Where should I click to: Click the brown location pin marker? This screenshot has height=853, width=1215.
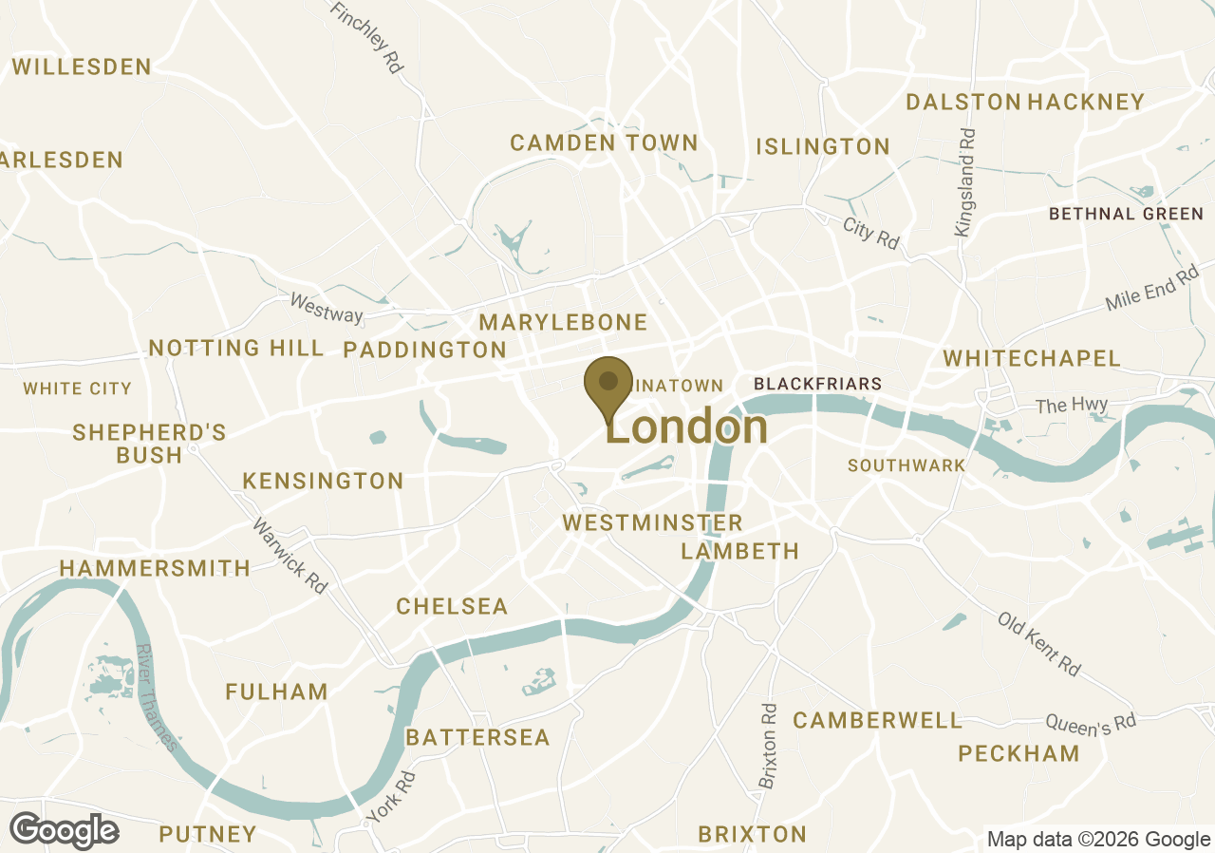(608, 385)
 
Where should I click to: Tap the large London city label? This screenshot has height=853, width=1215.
(687, 427)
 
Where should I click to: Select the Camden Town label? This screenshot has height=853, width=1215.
(604, 143)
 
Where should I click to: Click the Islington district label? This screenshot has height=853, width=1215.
(823, 146)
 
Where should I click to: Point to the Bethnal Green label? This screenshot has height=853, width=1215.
(1126, 214)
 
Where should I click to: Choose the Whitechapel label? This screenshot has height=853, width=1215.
(1032, 358)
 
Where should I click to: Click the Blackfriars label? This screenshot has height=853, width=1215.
(817, 384)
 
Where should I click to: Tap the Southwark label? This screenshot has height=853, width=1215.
(907, 465)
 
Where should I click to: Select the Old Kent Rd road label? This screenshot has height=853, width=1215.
(1038, 643)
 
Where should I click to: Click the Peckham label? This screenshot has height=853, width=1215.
(1019, 753)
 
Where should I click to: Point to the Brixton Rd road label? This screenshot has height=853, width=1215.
(768, 746)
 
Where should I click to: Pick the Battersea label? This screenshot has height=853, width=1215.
(477, 737)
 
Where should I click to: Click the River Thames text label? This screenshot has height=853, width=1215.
(157, 697)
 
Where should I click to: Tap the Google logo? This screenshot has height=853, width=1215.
(64, 831)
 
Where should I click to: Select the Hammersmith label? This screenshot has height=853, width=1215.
(155, 568)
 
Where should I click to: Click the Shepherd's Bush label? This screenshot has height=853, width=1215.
(149, 444)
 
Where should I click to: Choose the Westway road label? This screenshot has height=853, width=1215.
(327, 308)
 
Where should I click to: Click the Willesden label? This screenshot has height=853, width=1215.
(82, 66)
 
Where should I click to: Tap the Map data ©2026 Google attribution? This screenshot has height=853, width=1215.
(1097, 839)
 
